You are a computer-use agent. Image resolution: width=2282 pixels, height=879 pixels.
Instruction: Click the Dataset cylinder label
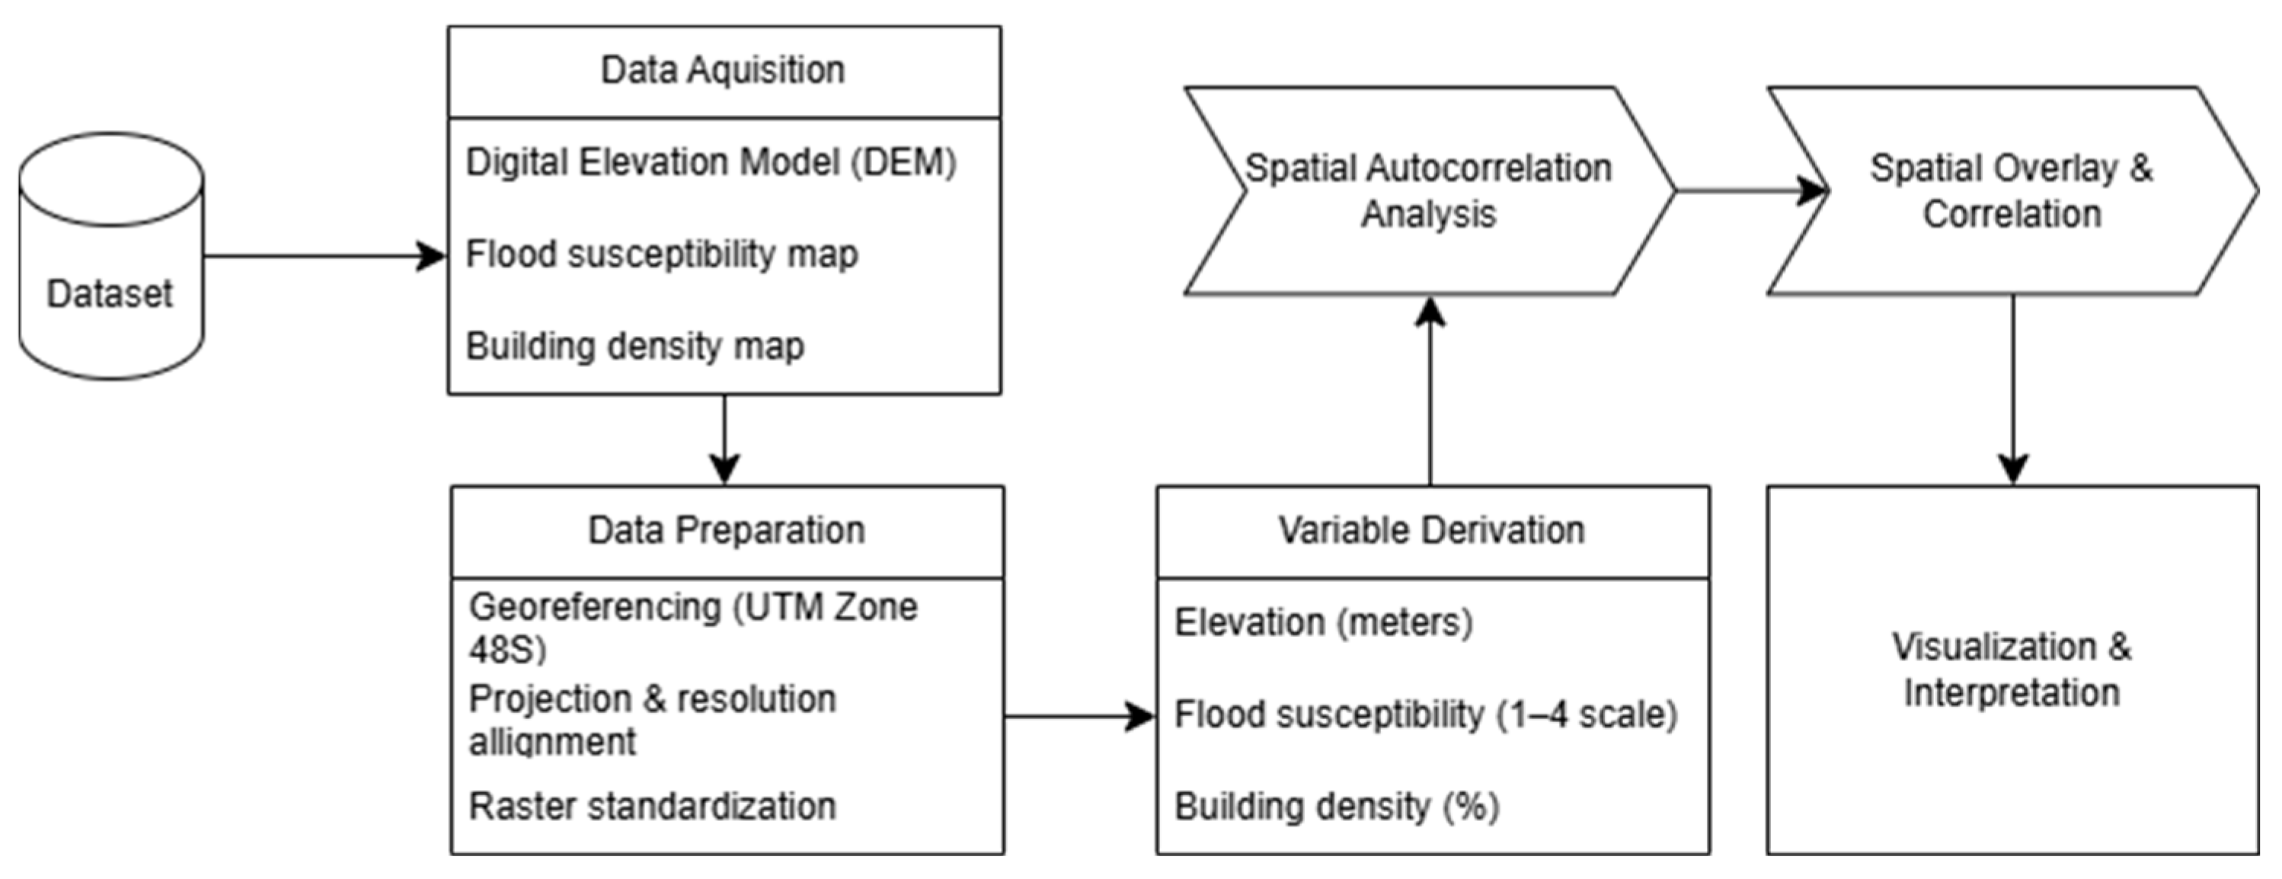coord(109,294)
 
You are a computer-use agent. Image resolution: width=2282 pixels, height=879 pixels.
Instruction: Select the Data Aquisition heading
coord(723,70)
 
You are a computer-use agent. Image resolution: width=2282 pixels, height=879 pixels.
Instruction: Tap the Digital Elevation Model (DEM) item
coord(711,163)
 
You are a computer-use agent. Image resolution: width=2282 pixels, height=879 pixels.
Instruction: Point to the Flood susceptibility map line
coord(662,255)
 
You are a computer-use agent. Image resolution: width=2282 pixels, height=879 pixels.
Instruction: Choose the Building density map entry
coord(634,347)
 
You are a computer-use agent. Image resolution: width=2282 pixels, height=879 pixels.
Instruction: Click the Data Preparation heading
coord(727,531)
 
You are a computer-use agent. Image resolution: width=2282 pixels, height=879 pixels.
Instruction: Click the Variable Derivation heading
coord(1430,531)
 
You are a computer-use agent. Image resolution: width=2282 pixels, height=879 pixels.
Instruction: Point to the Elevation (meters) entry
coord(1324,623)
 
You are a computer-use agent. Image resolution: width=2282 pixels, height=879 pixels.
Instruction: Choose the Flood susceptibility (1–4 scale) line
coord(1425,715)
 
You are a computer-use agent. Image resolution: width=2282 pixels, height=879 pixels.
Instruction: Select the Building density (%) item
coord(1336,807)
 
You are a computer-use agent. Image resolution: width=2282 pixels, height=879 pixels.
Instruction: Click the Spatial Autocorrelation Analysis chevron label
coord(1428,190)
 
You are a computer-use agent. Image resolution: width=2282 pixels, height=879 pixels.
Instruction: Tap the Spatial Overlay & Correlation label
coord(2011,190)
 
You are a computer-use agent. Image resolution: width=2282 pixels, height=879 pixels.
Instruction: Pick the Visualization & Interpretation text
coord(2011,670)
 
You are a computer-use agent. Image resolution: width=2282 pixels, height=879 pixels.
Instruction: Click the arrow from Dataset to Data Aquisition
coord(324,257)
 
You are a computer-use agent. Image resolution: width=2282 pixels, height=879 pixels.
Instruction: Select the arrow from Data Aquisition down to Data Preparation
coord(724,439)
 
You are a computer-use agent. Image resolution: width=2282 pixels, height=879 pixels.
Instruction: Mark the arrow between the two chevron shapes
coord(1750,190)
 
